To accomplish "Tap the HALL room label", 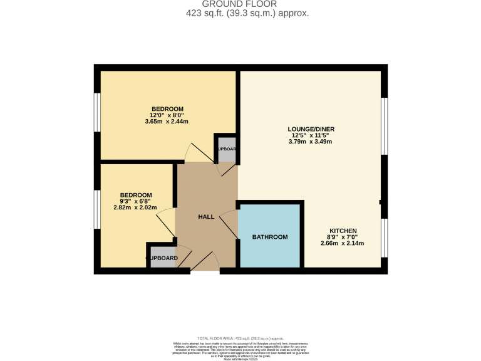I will coord(206,217).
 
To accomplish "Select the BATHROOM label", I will coord(270,237).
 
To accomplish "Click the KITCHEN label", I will coord(343,231).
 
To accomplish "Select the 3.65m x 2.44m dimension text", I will coord(167,122).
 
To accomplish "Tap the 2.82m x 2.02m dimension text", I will coord(134,207).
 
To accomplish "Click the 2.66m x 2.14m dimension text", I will coord(343,244).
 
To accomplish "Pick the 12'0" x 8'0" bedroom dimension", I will coord(167,115).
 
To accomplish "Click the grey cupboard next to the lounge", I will coord(226,149).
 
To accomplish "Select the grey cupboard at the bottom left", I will coord(162,258).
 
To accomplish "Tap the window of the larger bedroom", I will coord(97,112).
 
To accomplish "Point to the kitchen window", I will coord(385,238).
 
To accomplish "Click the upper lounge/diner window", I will coord(385,126).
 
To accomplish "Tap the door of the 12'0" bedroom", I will coord(202,152).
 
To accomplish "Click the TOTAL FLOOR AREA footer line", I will coord(240,338).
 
